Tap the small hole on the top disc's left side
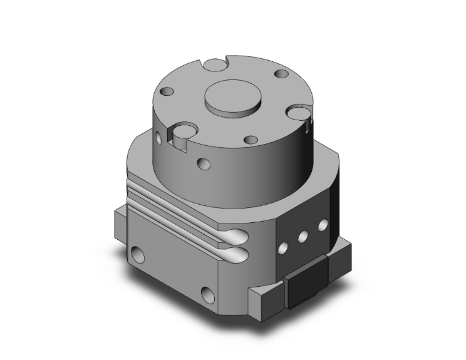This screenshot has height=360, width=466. tap(167, 92)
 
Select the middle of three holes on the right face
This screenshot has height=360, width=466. tap(302, 236)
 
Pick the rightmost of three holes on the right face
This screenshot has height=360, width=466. tap(323, 224)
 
